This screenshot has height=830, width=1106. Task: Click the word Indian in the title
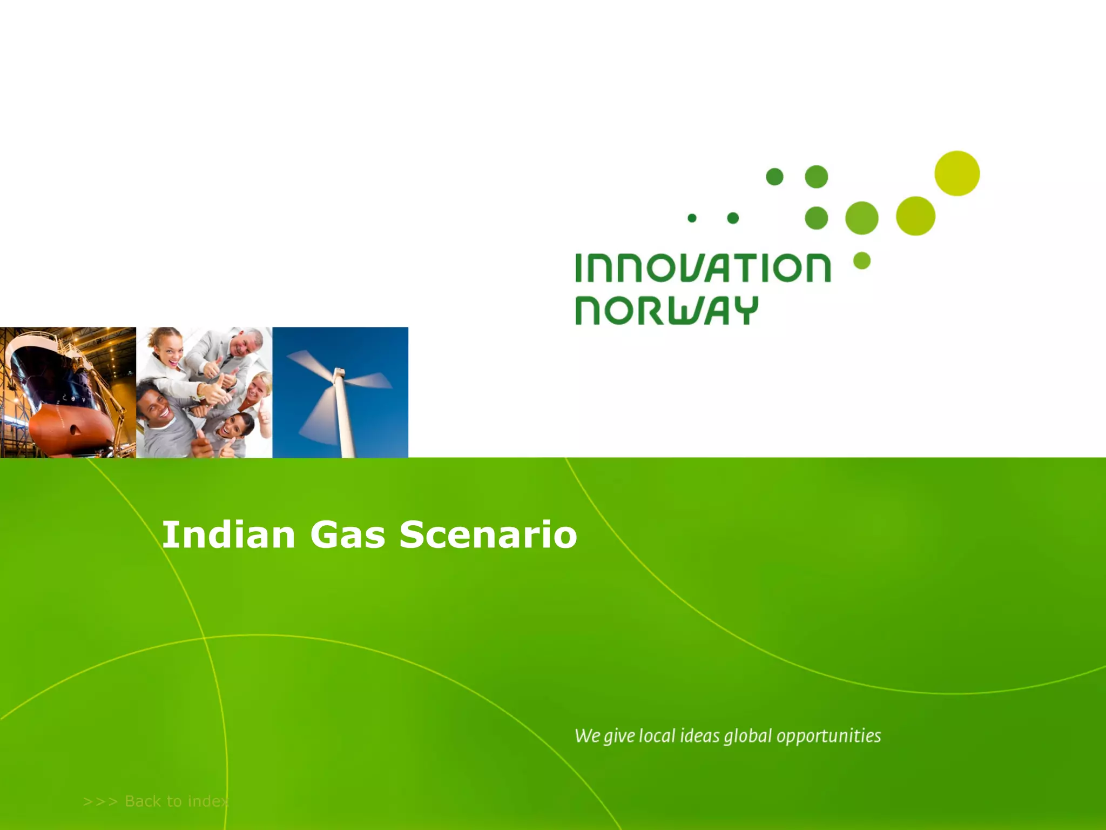pos(228,534)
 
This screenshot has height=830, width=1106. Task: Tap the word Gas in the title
pos(347,534)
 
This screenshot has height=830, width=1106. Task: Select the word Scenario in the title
pos(488,534)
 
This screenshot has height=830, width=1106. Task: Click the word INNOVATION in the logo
pos(702,268)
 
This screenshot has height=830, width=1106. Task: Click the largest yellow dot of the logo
pos(957,173)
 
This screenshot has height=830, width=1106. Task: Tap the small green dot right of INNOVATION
pos(862,260)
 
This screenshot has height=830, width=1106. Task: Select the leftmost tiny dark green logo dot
pos(692,218)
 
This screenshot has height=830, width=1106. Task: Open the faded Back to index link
pos(156,801)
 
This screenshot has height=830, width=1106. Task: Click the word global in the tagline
pos(748,736)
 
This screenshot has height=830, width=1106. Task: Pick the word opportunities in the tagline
pos(828,736)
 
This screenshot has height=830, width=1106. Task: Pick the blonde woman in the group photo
pos(259,386)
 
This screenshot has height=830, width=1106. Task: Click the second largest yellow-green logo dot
pos(915,216)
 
